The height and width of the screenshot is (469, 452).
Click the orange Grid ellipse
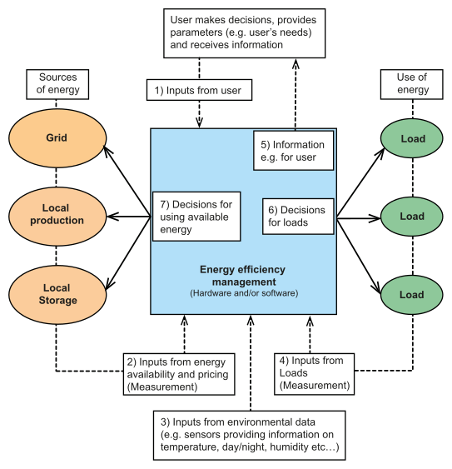pos(57,138)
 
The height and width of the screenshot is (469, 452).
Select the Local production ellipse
pos(57,217)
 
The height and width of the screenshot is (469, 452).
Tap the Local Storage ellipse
pos(57,295)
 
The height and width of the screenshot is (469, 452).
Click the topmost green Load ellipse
pos(412,138)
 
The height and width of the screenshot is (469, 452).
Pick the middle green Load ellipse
pos(412,217)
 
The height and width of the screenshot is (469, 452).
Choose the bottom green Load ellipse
pos(412,295)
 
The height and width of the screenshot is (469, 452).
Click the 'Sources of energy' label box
pos(57,84)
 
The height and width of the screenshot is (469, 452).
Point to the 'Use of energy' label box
pos(412,84)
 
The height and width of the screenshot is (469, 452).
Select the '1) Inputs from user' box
pos(199,90)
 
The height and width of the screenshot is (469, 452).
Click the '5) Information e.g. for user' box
pos(293,151)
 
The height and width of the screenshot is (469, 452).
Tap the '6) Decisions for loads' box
pos(298,217)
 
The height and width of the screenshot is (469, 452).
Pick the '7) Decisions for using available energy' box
pos(196,217)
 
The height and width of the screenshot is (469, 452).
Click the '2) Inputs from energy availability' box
pos(179,374)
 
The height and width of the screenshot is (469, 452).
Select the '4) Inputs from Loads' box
pos(314,374)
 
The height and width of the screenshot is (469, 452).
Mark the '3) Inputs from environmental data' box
pos(250,435)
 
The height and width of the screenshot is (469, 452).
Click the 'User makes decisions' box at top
pos(244,33)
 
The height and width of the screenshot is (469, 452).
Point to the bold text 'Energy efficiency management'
pos(242,276)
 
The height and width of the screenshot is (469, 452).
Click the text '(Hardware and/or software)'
pos(244,293)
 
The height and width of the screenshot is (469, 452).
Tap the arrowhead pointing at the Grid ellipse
pos(107,150)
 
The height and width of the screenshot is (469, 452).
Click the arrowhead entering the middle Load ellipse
pos(375,218)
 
